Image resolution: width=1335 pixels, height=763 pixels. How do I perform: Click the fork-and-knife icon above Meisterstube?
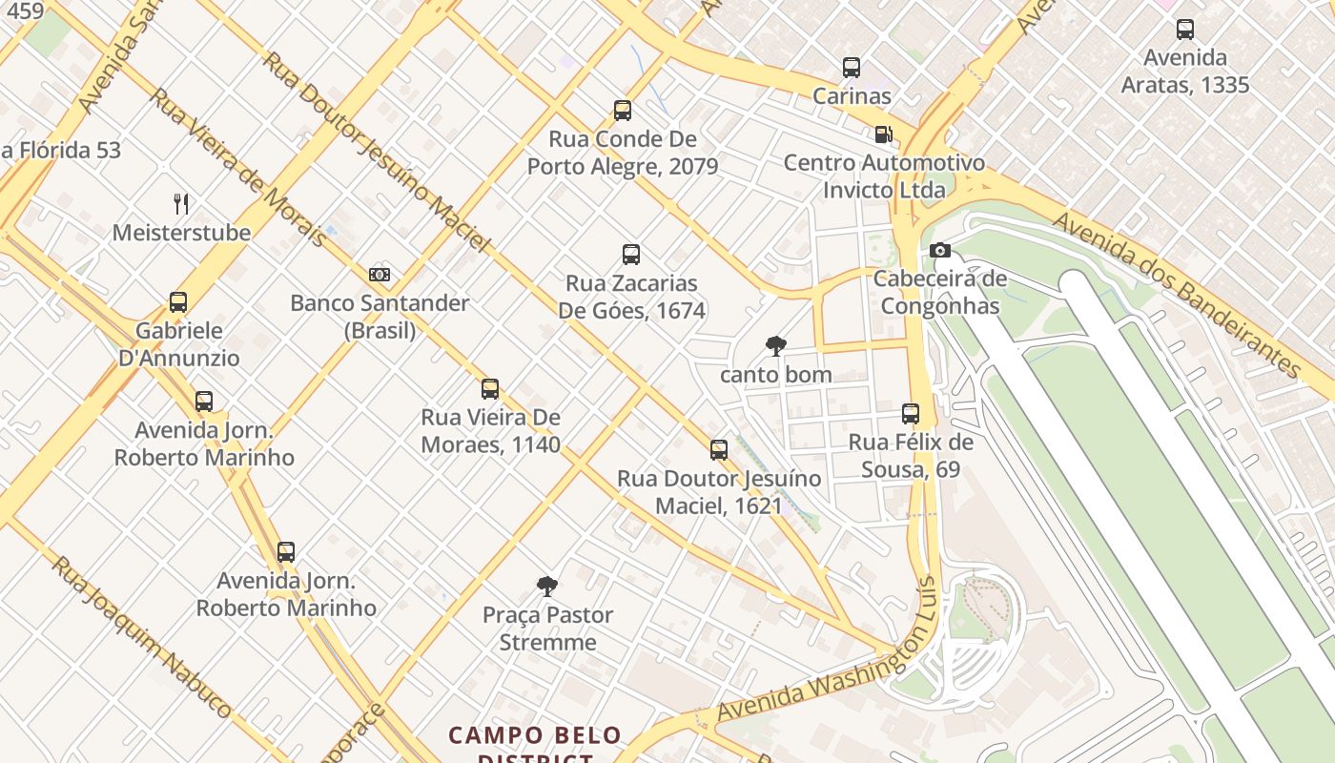point(181,203)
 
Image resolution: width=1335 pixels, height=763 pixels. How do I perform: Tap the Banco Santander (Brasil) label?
point(380,316)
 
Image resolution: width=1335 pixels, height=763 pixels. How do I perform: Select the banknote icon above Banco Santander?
point(380,275)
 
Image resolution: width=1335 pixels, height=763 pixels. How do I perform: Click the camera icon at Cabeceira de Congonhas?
point(940,251)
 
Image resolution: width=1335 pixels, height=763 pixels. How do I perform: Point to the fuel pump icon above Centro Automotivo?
point(884,134)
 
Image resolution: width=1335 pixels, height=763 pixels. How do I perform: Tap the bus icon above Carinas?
point(852,68)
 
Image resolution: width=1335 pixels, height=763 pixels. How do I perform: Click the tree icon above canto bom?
point(776,346)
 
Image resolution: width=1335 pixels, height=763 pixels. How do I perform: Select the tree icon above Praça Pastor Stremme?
point(546,586)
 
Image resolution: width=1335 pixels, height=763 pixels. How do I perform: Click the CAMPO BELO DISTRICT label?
point(535,745)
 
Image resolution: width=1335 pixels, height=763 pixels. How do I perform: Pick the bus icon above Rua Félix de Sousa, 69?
point(911,414)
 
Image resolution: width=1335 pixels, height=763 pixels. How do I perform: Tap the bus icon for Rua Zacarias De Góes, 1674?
point(631,255)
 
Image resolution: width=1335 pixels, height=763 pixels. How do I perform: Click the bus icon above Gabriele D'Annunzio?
point(178,302)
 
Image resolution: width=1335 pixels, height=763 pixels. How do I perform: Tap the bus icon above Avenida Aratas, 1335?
point(1185,30)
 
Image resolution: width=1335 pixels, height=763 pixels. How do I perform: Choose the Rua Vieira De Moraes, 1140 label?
point(490,430)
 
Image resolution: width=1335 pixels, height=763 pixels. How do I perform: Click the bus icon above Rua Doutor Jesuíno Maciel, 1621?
point(719,450)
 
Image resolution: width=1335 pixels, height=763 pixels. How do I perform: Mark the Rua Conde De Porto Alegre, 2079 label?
point(623,153)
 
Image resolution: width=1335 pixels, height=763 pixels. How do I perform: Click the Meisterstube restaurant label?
point(181,232)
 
